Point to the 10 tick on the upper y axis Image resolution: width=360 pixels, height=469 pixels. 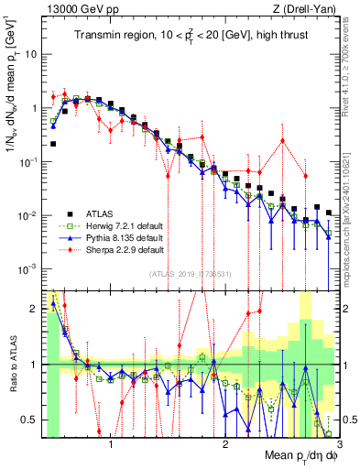pos(30,53)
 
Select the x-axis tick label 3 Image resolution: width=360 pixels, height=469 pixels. pos(339,444)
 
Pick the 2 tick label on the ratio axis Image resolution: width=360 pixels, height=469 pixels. pos(33,309)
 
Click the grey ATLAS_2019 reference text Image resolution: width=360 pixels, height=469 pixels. pos(191,275)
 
